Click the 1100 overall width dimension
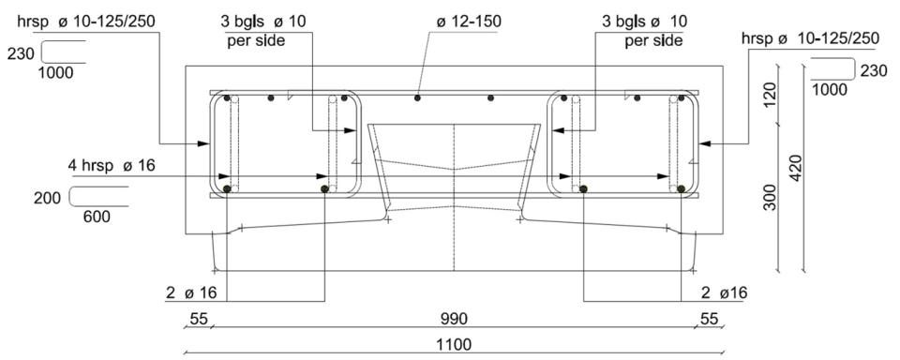[454, 344]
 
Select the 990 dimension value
[454, 319]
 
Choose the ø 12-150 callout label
[469, 22]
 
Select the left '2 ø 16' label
[190, 292]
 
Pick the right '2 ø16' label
[725, 292]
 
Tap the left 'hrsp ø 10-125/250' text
[86, 22]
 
